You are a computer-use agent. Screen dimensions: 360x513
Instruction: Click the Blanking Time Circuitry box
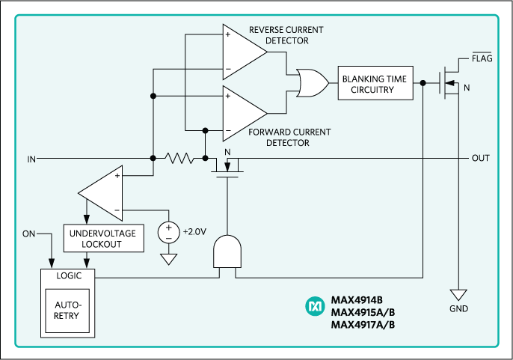[377, 85]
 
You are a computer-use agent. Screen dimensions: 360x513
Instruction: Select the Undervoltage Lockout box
[102, 239]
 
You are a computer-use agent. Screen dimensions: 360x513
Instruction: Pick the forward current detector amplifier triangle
[242, 111]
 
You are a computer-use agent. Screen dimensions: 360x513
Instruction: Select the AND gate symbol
[227, 252]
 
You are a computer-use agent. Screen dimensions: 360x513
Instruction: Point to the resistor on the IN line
[179, 159]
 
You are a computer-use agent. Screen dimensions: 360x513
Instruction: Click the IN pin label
[31, 159]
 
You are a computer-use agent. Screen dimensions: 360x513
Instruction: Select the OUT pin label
[480, 159]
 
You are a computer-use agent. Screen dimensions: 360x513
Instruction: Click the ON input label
[28, 234]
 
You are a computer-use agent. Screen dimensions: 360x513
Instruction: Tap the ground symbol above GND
[458, 295]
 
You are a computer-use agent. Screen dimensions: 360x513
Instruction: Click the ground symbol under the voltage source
[169, 259]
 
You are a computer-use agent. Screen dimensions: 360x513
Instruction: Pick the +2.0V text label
[194, 231]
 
